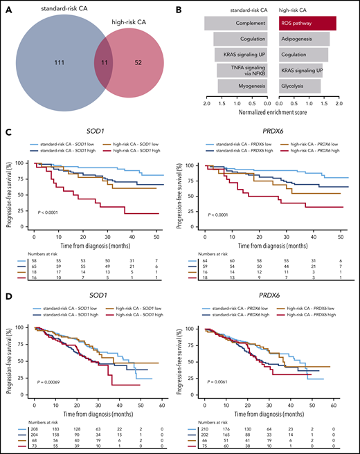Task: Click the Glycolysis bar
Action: [x=290, y=86]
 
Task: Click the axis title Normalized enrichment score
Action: [x=264, y=111]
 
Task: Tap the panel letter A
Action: [x=6, y=6]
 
